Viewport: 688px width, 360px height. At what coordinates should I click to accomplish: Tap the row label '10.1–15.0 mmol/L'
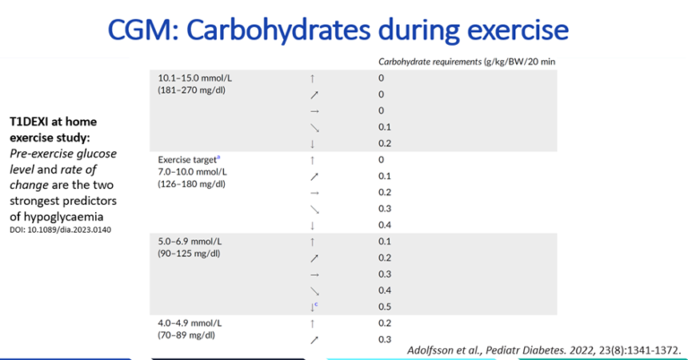[194, 78]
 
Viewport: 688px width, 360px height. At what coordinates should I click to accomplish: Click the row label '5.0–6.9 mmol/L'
[189, 241]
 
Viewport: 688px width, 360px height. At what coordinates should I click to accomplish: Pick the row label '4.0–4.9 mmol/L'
[189, 322]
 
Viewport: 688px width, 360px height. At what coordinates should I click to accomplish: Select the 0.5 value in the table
[384, 306]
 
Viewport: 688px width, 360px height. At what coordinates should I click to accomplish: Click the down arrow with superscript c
[313, 306]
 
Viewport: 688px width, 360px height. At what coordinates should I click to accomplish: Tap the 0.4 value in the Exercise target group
[384, 225]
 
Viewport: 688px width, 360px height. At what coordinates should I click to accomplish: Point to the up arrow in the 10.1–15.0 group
[312, 79]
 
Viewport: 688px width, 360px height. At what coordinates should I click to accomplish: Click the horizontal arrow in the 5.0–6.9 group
[312, 274]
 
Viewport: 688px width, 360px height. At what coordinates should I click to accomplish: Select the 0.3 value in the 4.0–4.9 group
[384, 339]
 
